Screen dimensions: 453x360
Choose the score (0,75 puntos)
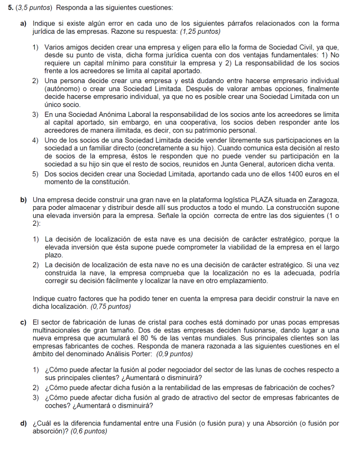click(x=111, y=306)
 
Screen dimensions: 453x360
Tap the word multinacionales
click(x=59, y=330)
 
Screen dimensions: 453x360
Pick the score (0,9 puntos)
click(x=173, y=354)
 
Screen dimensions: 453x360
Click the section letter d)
click(x=24, y=424)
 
